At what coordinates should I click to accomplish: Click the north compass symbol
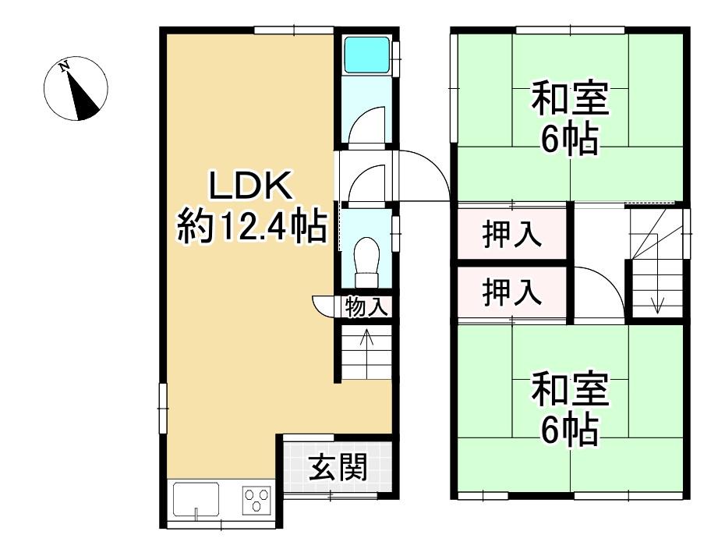tap(76, 89)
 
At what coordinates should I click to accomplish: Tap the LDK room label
tap(251, 185)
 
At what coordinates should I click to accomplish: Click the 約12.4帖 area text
tap(253, 226)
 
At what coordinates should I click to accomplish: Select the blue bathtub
tap(367, 55)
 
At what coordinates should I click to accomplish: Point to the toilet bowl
tap(366, 262)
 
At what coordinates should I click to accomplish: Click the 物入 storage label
tap(366, 306)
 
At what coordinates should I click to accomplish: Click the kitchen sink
tap(196, 501)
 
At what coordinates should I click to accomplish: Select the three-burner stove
tap(257, 500)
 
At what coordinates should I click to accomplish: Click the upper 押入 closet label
tap(512, 234)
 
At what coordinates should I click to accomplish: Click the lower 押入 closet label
tap(512, 292)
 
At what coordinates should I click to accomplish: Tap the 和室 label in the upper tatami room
tap(570, 99)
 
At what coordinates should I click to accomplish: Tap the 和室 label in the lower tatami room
tap(570, 389)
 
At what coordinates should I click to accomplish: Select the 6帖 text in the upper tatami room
tap(570, 139)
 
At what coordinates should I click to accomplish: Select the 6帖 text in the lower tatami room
tap(570, 430)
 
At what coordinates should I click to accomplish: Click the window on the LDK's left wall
tap(163, 408)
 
